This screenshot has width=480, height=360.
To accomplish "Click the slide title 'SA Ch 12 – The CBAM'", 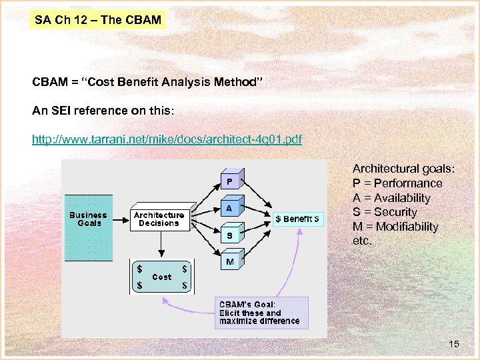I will point(98,20).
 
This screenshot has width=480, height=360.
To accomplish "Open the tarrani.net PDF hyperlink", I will point(167,139).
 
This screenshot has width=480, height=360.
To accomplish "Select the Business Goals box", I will point(88,219).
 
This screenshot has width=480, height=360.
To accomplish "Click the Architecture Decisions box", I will point(159,219).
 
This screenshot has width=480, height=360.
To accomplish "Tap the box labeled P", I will point(229,181).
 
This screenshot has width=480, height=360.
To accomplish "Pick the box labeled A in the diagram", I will point(229,208).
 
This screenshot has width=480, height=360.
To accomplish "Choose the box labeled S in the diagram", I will point(229,235).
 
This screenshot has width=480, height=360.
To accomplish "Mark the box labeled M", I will point(229,262).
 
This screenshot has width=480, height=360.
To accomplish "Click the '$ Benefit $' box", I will point(297,219).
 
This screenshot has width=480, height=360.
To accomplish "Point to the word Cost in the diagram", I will point(162,277).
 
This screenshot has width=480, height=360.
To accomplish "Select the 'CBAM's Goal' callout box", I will point(260,313).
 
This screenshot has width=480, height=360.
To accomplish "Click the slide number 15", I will point(453,344).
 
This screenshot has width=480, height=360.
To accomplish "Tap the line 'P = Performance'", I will point(397,183).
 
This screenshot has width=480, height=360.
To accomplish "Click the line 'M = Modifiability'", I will point(395,227).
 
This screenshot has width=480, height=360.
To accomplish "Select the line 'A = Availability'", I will point(391,198).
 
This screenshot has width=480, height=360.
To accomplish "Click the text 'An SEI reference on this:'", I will point(103,111).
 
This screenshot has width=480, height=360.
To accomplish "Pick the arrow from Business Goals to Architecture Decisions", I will point(120,217).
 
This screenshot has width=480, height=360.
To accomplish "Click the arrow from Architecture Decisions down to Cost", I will point(159,245).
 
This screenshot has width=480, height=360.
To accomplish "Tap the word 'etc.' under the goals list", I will point(362,241).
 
